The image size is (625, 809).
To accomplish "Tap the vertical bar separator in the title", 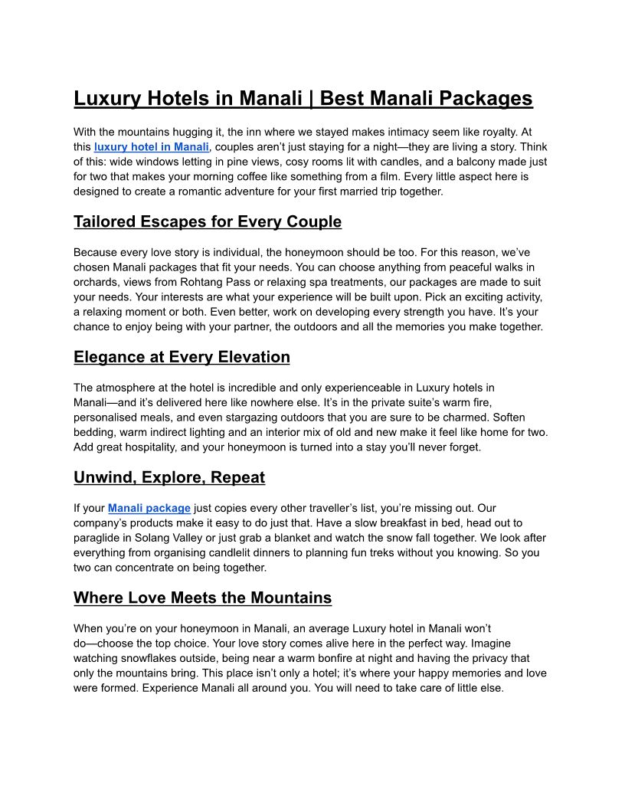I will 311,99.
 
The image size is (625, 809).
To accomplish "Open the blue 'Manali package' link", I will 149,508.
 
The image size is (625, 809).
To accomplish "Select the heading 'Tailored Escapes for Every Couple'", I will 208,222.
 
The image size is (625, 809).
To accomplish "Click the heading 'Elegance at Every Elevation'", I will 182,357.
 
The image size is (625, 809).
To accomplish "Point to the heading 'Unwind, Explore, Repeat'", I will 169,477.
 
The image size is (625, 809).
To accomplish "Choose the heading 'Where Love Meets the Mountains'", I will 202,598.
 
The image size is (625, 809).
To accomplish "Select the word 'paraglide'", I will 98,538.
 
